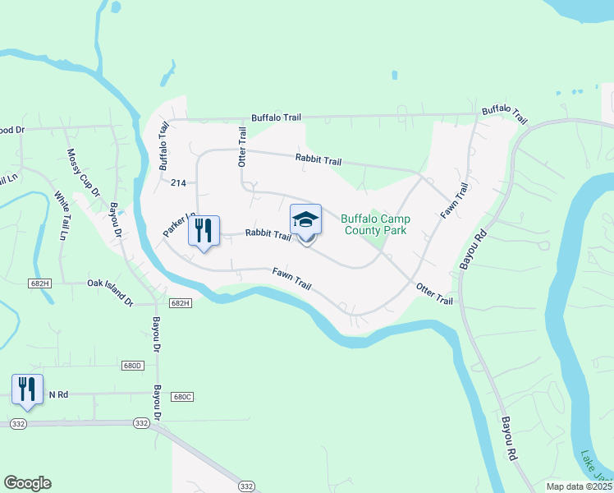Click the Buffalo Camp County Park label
[x=375, y=225]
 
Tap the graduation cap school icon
[x=305, y=220]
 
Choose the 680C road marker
[x=182, y=397]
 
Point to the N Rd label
[x=57, y=394]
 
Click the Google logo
[x=27, y=483]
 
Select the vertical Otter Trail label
[x=242, y=146]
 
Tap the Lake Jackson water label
[x=597, y=469]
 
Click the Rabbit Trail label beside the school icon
[x=268, y=235]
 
